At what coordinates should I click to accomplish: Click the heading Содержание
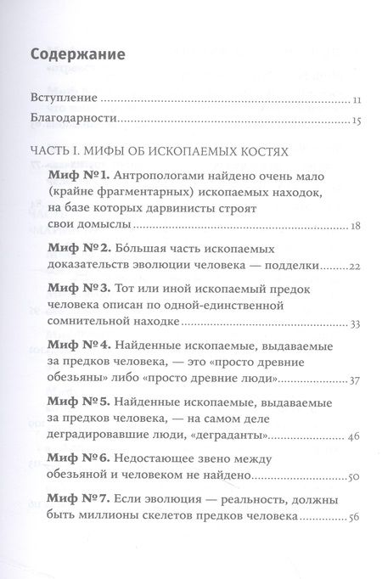[77, 55]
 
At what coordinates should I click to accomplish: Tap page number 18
[357, 227]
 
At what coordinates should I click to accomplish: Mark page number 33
[357, 323]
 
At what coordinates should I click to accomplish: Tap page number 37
[357, 379]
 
